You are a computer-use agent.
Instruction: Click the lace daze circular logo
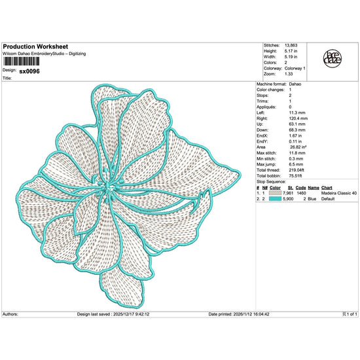[x=335, y=59]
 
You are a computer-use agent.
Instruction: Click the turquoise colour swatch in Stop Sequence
[x=284, y=199]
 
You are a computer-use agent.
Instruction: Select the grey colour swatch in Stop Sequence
[x=284, y=194]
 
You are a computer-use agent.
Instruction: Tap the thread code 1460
[x=302, y=194]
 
